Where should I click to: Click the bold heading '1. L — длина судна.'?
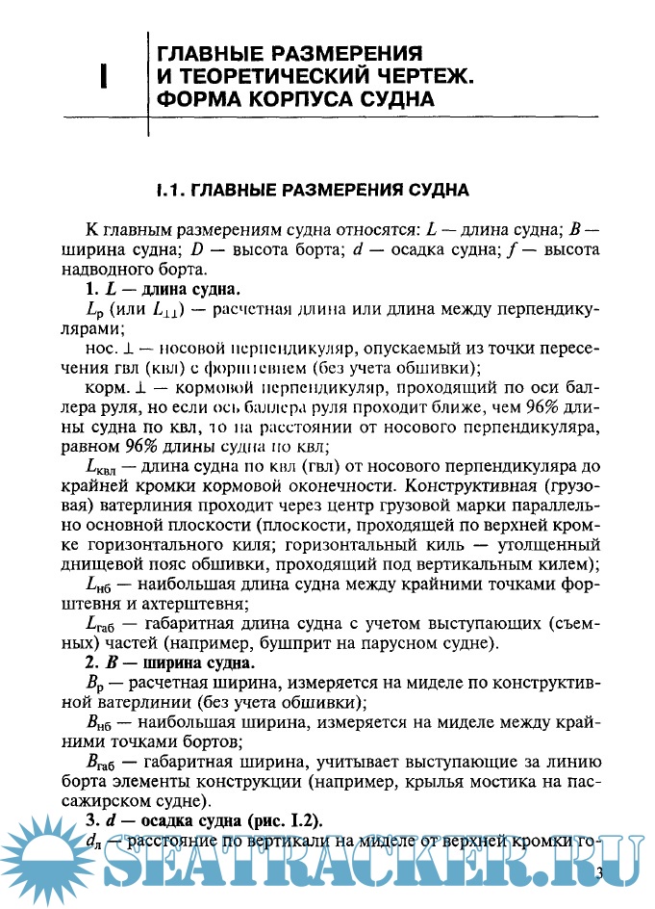pos(163,290)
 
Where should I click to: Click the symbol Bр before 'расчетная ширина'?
pos(95,683)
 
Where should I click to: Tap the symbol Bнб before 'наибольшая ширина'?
pos(99,721)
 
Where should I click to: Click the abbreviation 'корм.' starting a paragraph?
pos(103,388)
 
